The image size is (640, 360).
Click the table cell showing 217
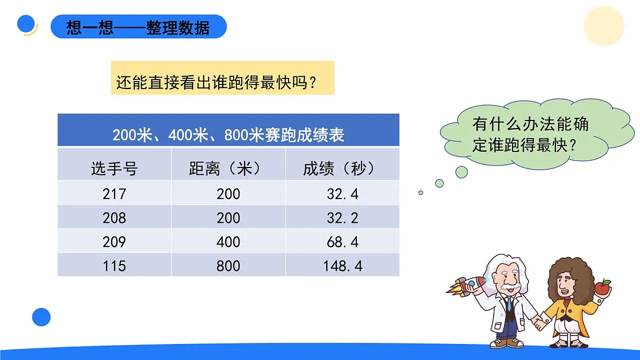click(114, 194)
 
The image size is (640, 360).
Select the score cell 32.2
click(342, 218)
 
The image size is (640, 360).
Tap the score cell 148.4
click(342, 266)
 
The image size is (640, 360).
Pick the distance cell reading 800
click(228, 266)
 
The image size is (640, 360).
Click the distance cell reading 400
click(228, 242)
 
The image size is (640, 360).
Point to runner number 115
click(114, 266)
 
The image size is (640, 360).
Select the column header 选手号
click(114, 169)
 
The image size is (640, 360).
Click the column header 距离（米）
click(228, 169)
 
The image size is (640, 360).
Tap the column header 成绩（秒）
click(342, 169)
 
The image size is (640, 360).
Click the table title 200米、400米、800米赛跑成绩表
click(228, 134)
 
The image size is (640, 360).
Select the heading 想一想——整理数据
click(138, 27)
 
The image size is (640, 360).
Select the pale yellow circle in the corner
click(604, 26)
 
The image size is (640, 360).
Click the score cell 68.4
click(342, 242)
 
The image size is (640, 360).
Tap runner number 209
click(114, 242)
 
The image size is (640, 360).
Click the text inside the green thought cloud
click(530, 134)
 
